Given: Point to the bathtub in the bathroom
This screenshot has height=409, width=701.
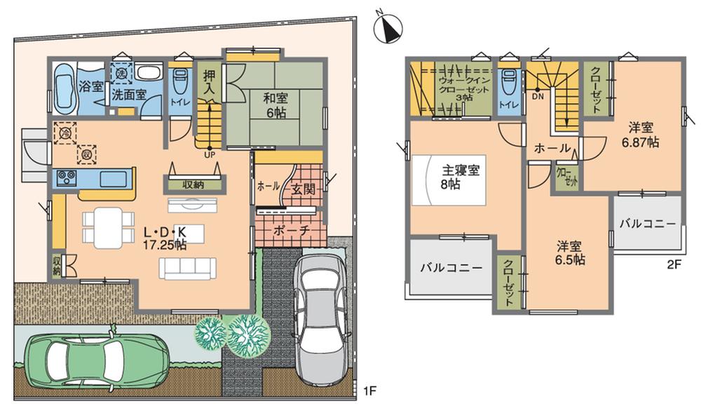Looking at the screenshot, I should click(x=64, y=90).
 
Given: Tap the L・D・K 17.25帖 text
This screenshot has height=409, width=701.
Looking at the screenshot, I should click(x=165, y=238).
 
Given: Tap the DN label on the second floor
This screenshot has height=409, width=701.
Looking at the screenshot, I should click(x=538, y=98).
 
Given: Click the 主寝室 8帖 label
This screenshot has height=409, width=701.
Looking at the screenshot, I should click(x=458, y=177).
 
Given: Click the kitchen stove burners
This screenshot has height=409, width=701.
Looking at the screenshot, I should click(x=67, y=177).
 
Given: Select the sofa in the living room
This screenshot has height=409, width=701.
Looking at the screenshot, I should click(x=186, y=267).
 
